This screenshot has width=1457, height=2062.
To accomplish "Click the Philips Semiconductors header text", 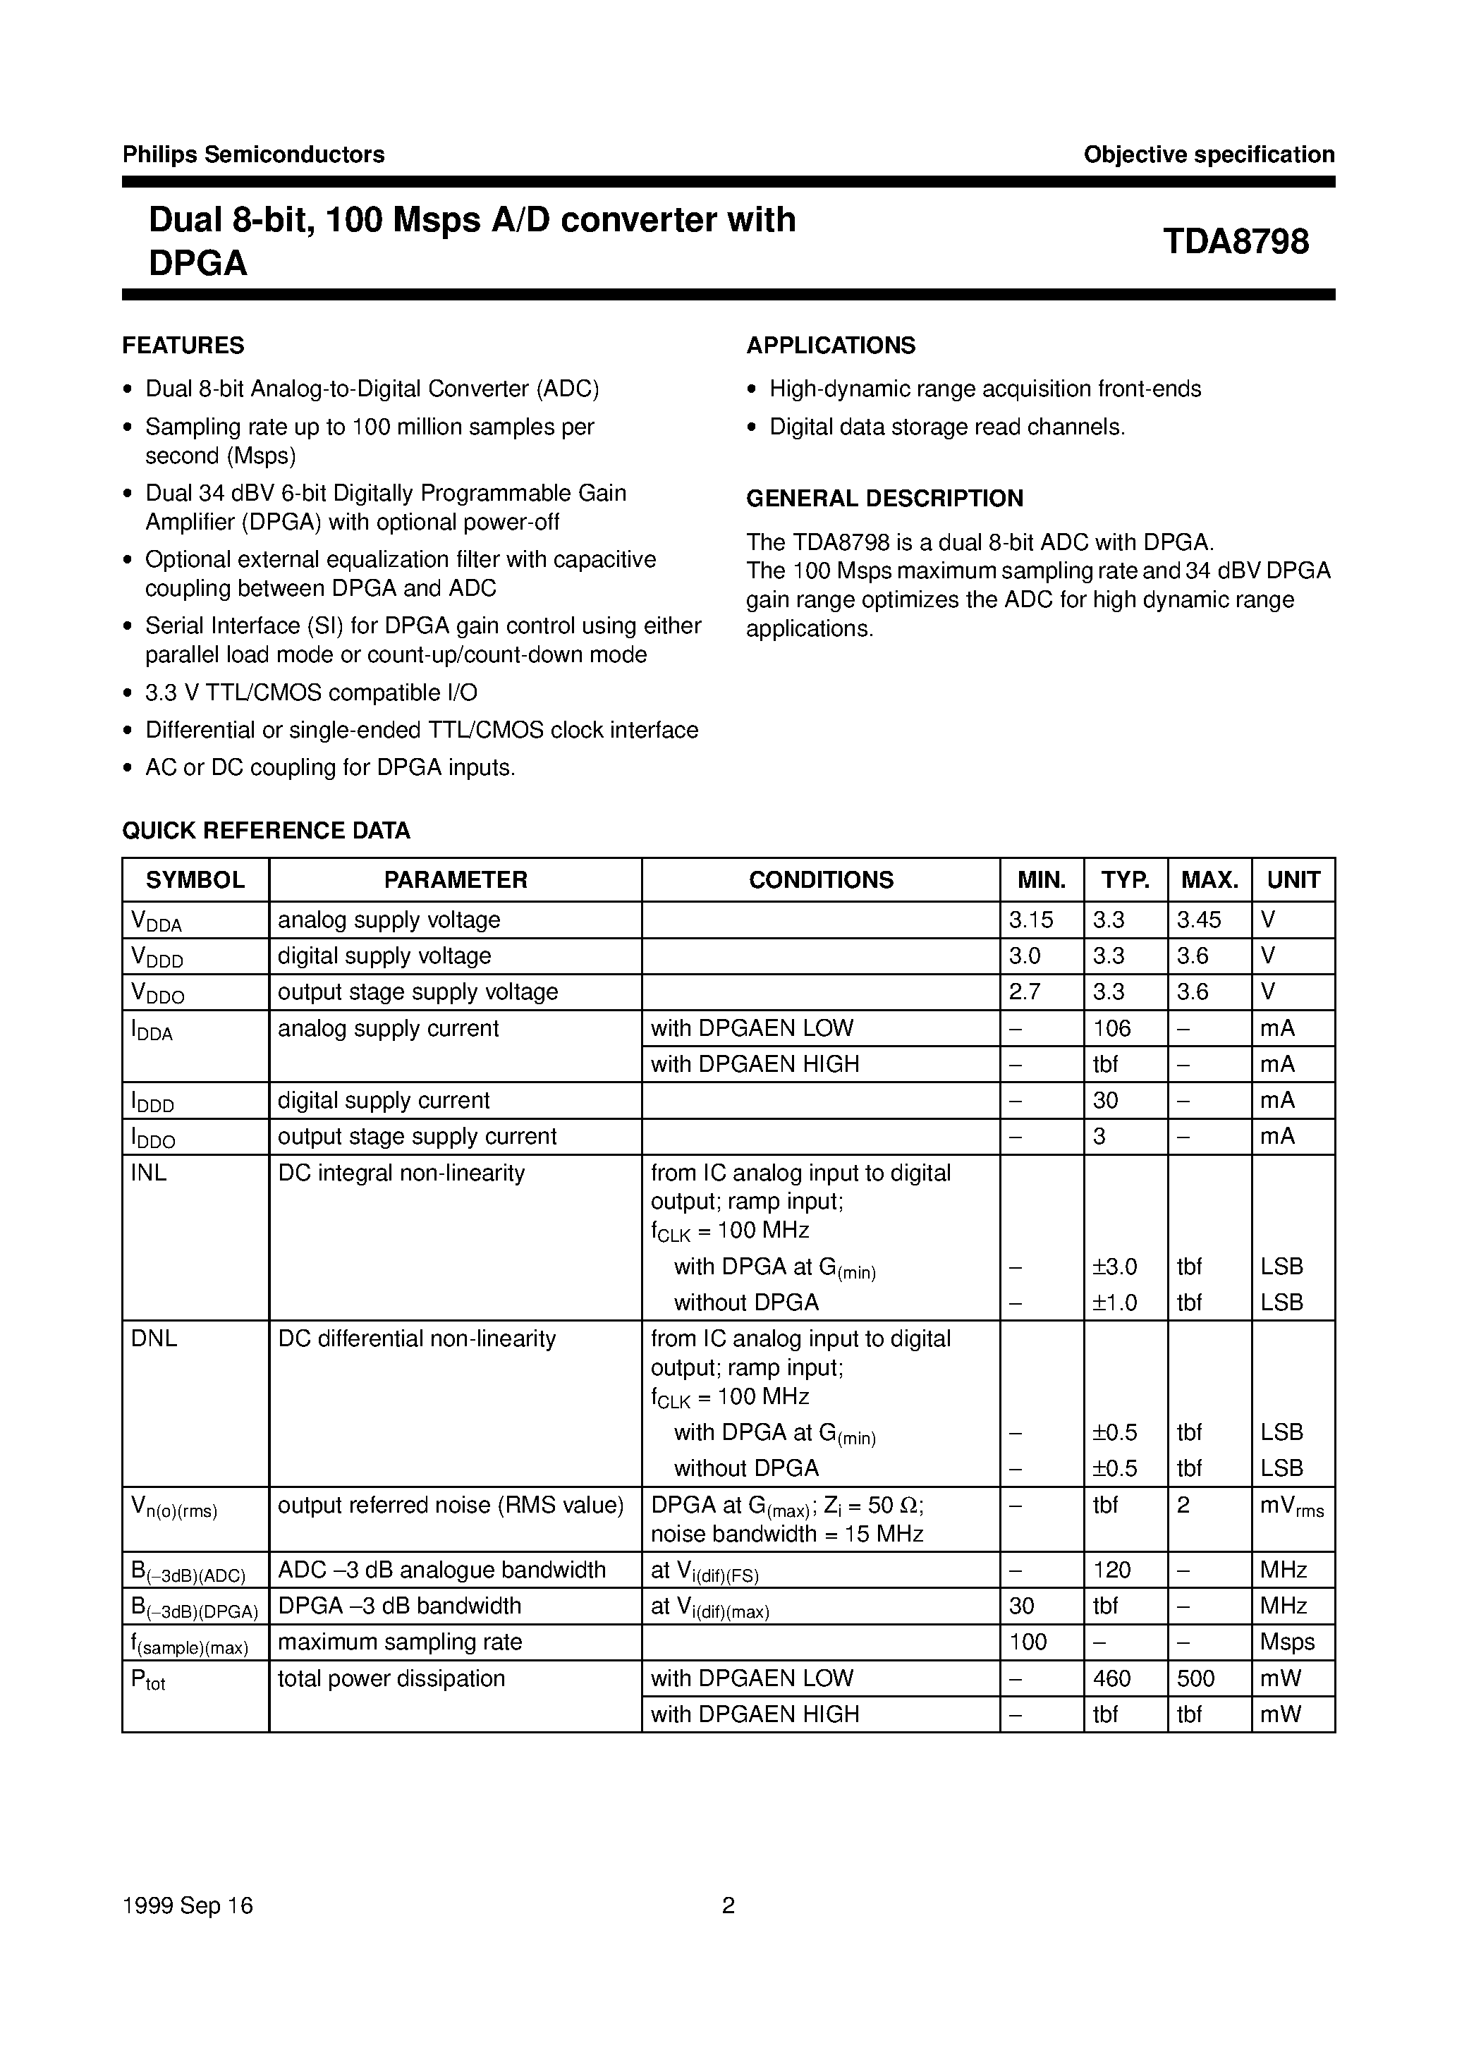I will [x=253, y=154].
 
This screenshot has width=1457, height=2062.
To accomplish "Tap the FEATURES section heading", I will [x=183, y=346].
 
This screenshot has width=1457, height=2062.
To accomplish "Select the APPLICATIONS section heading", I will [x=831, y=346].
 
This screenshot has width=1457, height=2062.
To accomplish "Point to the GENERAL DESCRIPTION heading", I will [x=885, y=499].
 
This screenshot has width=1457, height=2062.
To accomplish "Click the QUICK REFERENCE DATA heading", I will [x=266, y=831].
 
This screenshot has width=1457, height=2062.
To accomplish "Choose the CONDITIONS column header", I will [x=821, y=880].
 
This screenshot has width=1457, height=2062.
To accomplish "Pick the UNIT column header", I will [x=1293, y=880].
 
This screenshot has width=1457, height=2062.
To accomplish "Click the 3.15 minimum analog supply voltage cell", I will [x=1030, y=920].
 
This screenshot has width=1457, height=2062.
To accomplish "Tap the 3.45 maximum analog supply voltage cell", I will [x=1199, y=920].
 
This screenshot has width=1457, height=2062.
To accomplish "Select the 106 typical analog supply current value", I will [x=1112, y=1028].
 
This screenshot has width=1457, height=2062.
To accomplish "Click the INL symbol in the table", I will [x=149, y=1173].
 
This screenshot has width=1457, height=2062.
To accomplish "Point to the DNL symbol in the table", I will [x=154, y=1339].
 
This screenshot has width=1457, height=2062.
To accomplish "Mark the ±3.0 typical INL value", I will [x=1115, y=1267].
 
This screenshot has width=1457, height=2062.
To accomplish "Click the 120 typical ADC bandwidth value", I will [x=1112, y=1570].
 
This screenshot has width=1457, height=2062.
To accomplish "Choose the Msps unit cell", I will [x=1287, y=1642].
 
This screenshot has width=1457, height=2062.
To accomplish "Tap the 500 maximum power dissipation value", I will [x=1195, y=1678].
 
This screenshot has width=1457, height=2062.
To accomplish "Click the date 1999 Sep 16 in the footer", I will [x=188, y=1905].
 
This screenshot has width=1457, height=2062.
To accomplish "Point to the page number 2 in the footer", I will [x=728, y=1905].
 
